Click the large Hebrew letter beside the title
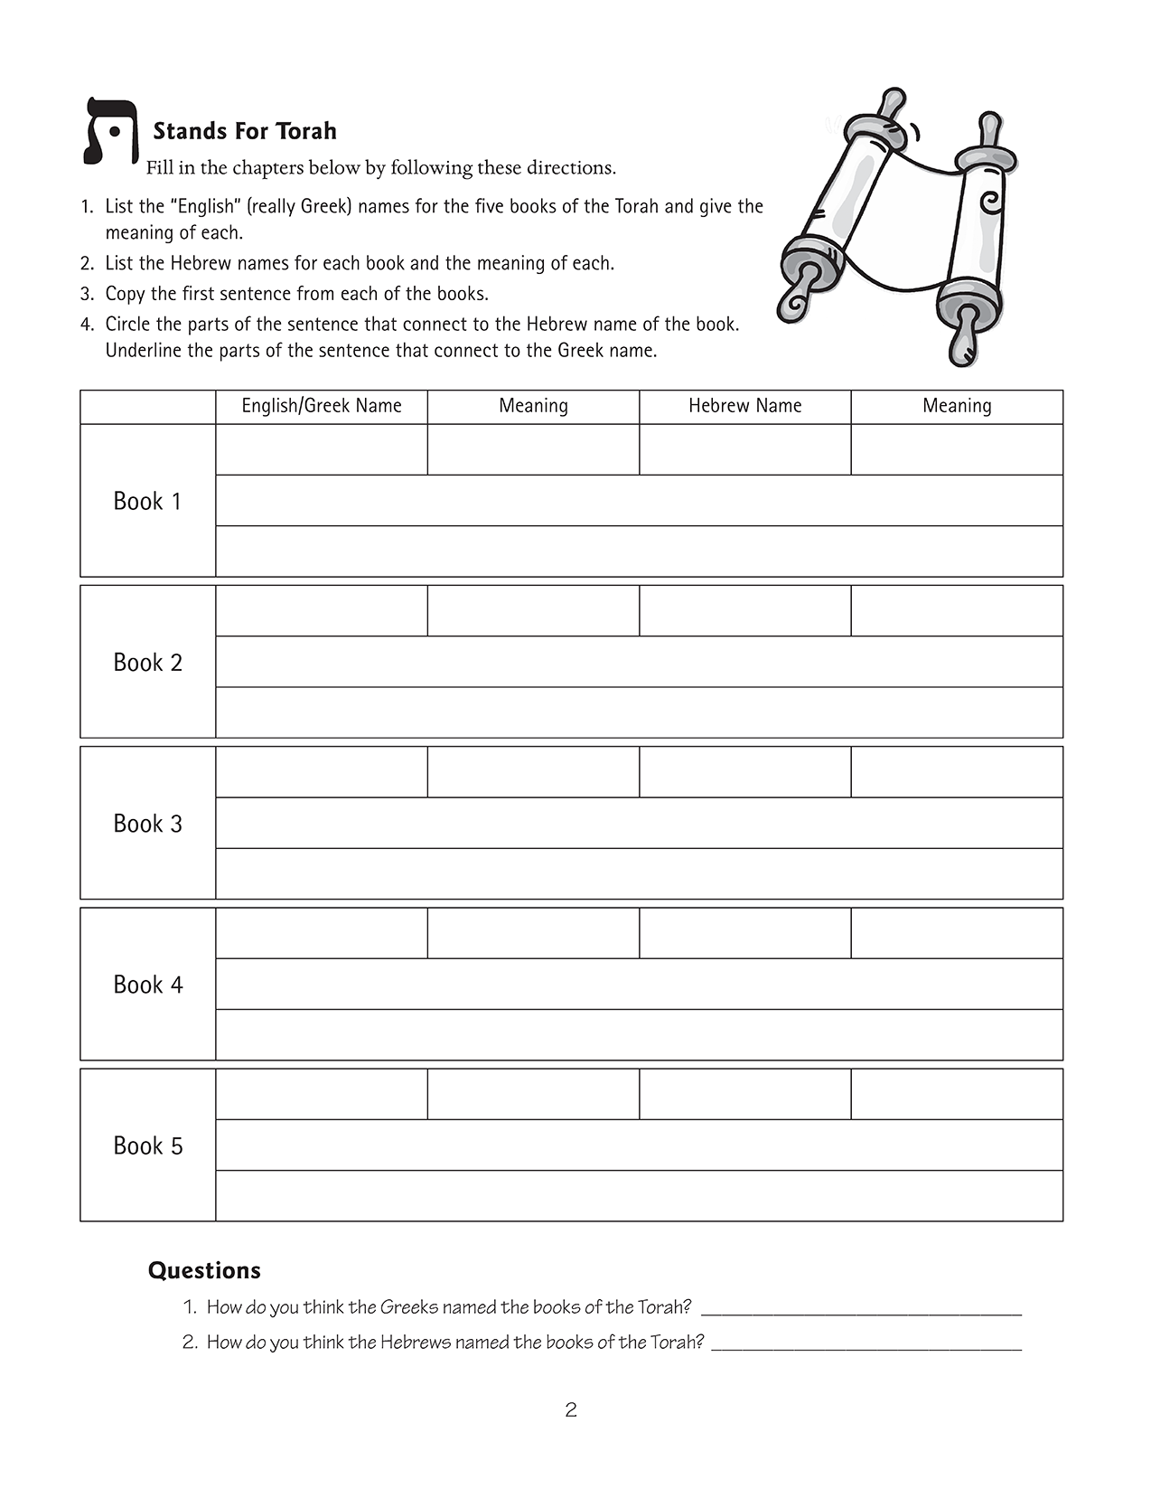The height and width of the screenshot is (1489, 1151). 110,132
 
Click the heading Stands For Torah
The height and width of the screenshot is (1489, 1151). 244,131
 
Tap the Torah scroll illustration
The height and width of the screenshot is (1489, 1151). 900,226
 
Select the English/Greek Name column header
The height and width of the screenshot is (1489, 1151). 322,406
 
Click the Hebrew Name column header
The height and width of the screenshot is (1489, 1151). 744,406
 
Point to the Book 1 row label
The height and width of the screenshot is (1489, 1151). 147,501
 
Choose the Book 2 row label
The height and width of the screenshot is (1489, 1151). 147,663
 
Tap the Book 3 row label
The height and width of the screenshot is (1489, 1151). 147,824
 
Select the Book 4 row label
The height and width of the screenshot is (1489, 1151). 147,985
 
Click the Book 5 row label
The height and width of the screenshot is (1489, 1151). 147,1145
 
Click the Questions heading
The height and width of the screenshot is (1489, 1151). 204,1270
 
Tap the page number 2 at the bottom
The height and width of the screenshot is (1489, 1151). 571,1409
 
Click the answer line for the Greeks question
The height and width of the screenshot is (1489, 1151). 861,1308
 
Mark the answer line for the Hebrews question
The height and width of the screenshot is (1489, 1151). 866,1343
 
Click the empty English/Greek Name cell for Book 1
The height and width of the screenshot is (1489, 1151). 322,449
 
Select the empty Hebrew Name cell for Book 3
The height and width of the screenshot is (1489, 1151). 744,772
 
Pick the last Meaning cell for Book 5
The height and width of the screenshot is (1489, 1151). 957,1094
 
